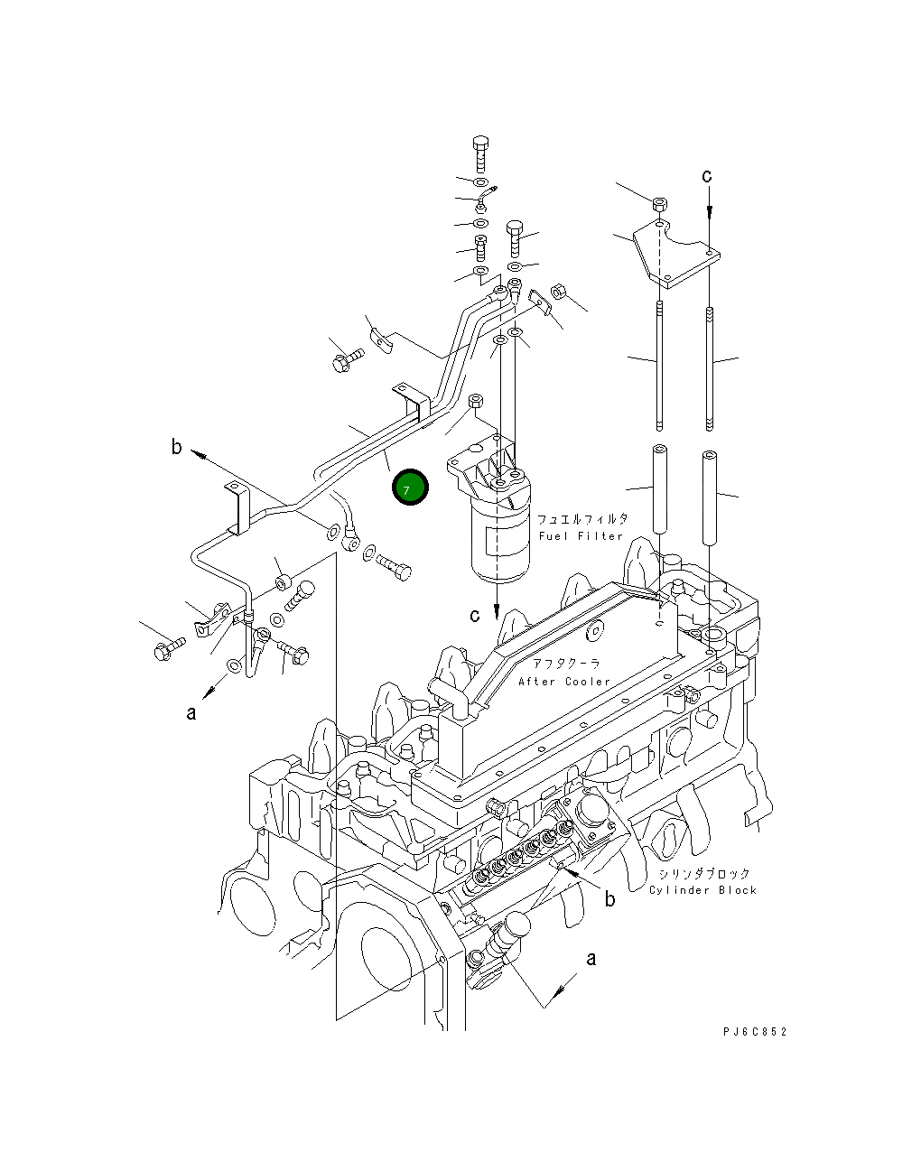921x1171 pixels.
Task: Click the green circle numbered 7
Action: tap(410, 488)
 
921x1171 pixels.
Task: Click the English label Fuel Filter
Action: tap(581, 536)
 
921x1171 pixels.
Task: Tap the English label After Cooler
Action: tap(564, 682)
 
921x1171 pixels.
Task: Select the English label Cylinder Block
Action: tap(702, 890)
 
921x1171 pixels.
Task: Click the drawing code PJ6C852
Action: tap(754, 1032)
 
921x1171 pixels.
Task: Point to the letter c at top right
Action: tap(708, 176)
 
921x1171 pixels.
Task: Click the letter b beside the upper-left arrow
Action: tap(177, 446)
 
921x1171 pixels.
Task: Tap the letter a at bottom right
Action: tap(591, 959)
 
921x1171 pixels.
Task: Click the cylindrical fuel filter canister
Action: tap(497, 542)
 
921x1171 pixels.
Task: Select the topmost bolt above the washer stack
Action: tap(480, 153)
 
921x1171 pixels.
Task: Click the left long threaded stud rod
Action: tap(661, 366)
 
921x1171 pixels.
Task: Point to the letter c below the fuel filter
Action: tap(475, 616)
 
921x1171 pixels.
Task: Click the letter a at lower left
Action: tap(191, 713)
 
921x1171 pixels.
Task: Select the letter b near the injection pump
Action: tap(610, 899)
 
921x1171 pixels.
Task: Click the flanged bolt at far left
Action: tap(168, 647)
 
